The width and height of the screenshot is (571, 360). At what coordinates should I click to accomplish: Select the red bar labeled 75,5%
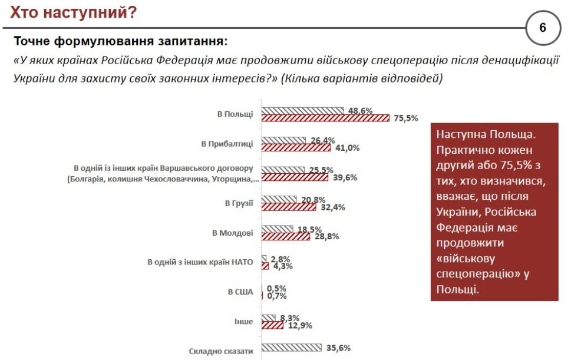click(325, 118)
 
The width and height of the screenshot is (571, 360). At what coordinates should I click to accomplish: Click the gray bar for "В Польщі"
click(302, 110)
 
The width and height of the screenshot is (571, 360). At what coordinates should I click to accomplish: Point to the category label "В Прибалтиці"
click(227, 143)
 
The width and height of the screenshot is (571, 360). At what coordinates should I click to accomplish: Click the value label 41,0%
click(348, 148)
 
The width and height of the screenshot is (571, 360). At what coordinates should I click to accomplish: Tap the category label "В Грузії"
click(239, 203)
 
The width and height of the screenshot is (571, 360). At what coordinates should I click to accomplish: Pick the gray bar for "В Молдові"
click(277, 229)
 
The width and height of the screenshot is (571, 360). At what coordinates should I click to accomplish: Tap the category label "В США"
click(240, 292)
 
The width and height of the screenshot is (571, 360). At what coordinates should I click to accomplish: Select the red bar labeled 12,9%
click(272, 325)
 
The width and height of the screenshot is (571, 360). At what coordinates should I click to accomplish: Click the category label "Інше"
click(244, 322)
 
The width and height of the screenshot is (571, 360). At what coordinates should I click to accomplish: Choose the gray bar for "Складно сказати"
click(291, 348)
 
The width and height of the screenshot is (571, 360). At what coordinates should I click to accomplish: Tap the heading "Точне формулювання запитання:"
click(120, 42)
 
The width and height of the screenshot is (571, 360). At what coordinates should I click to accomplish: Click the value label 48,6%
click(360, 110)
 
